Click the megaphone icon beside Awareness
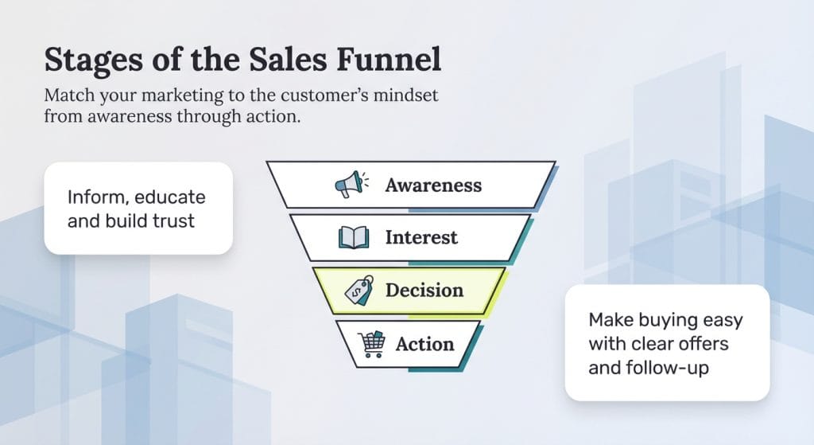(x=351, y=185)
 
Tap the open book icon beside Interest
(x=354, y=237)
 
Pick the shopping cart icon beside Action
(x=372, y=344)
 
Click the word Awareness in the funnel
(x=433, y=185)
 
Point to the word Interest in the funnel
(x=421, y=237)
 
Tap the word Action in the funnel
(x=424, y=344)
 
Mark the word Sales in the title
(x=261, y=61)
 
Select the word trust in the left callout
(x=169, y=221)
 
